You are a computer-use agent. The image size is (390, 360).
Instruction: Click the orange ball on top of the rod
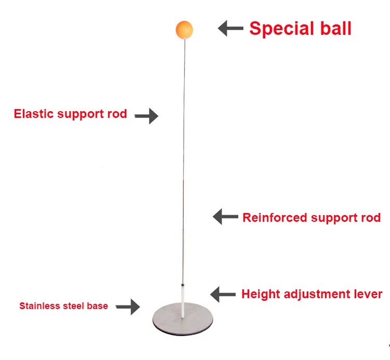point(185,30)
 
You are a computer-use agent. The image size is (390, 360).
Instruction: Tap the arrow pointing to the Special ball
point(230,28)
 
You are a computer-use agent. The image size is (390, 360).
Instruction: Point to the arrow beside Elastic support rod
point(146,116)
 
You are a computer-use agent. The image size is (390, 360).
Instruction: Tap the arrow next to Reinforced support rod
point(225,217)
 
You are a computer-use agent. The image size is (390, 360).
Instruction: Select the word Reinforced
point(275,217)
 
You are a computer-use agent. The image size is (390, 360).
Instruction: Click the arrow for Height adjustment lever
point(223,295)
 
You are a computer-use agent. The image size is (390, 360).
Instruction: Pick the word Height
point(257,294)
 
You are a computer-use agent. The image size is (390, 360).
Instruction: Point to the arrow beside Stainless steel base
point(128,306)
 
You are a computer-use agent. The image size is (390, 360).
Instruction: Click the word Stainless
point(37,306)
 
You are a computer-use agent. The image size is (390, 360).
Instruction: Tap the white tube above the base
point(183,301)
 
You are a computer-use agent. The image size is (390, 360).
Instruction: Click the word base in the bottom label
point(97,306)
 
